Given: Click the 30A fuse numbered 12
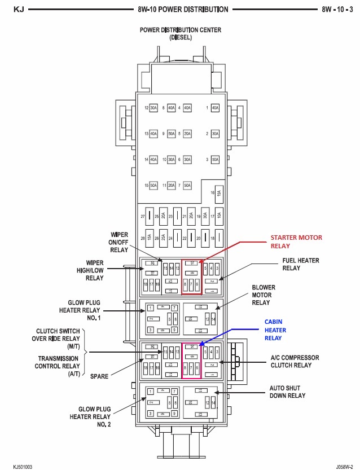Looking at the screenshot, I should (153, 108).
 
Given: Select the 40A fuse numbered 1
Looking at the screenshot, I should (214, 108).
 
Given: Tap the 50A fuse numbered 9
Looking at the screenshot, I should (171, 134).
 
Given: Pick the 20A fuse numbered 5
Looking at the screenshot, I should (187, 134).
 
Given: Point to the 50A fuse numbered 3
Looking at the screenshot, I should (214, 160).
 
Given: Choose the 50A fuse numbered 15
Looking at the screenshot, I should (153, 186).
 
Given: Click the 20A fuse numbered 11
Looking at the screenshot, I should (171, 186).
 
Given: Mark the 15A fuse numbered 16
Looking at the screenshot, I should (218, 193).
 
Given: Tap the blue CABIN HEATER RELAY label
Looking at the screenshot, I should (275, 330).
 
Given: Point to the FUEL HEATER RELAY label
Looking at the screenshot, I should (301, 264).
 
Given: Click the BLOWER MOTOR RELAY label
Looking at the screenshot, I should (264, 295).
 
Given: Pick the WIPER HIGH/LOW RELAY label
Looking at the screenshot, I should (95, 270).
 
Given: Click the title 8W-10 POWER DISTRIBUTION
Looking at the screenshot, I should (183, 10).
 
